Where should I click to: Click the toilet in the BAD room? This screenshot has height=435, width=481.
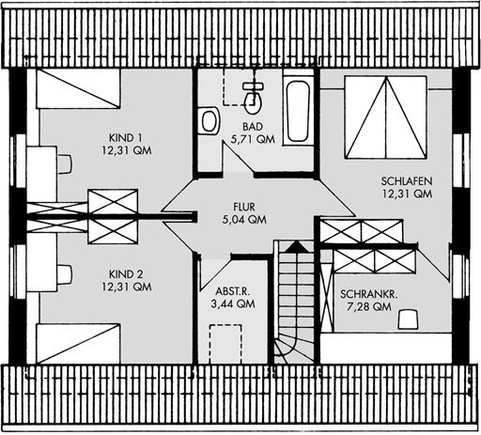coord(253,98)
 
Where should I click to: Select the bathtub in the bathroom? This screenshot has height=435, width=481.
coord(299,111)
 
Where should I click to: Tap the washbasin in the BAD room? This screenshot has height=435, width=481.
coord(209,120)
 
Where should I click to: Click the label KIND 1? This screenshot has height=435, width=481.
coord(126,138)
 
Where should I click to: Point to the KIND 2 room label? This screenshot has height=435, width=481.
coord(126,274)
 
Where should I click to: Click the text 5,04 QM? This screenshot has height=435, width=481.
coord(244,220)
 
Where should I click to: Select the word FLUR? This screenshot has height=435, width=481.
coord(244,207)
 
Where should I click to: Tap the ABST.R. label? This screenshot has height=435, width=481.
coord(233,291)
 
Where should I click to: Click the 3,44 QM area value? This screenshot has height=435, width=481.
coord(233,303)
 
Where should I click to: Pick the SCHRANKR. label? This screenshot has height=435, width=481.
coord(369,294)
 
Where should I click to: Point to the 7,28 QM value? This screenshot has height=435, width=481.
coord(369,306)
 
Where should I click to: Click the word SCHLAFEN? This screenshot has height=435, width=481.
coord(407,181)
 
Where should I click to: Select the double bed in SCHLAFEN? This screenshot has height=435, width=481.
coord(386,117)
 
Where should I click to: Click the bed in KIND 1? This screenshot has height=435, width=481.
coord(78,88)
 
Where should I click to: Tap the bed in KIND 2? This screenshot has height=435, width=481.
coord(78,344)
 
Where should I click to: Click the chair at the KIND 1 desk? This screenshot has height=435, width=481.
coord(65,163)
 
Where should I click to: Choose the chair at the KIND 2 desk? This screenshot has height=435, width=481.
coord(65,275)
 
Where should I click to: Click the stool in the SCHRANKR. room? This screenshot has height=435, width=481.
coord(408,319)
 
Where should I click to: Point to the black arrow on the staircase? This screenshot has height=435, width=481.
coord(295,247)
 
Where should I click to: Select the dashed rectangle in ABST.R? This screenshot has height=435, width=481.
coord(225,344)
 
